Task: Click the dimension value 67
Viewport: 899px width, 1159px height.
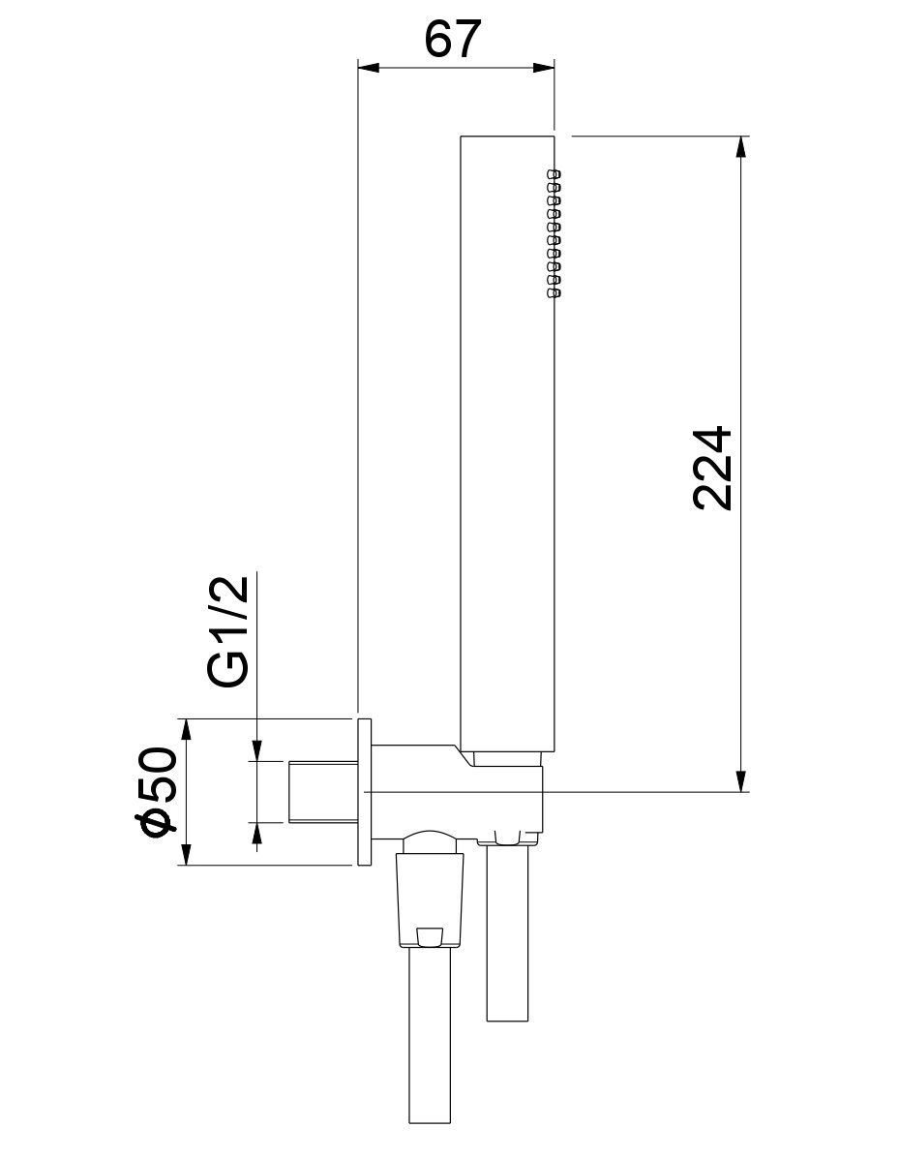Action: [x=452, y=39]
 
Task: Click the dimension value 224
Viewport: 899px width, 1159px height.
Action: [x=714, y=468]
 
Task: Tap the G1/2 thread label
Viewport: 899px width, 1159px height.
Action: [x=230, y=631]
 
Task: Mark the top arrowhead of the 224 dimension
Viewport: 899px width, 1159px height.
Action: [x=741, y=145]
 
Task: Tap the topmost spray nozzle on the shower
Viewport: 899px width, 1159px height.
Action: [x=554, y=174]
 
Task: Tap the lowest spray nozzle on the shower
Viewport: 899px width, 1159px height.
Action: [x=554, y=291]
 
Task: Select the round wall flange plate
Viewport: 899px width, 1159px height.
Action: [x=365, y=792]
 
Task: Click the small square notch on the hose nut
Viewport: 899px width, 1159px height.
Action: [x=428, y=935]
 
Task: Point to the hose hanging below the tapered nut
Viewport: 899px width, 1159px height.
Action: [x=428, y=1046]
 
